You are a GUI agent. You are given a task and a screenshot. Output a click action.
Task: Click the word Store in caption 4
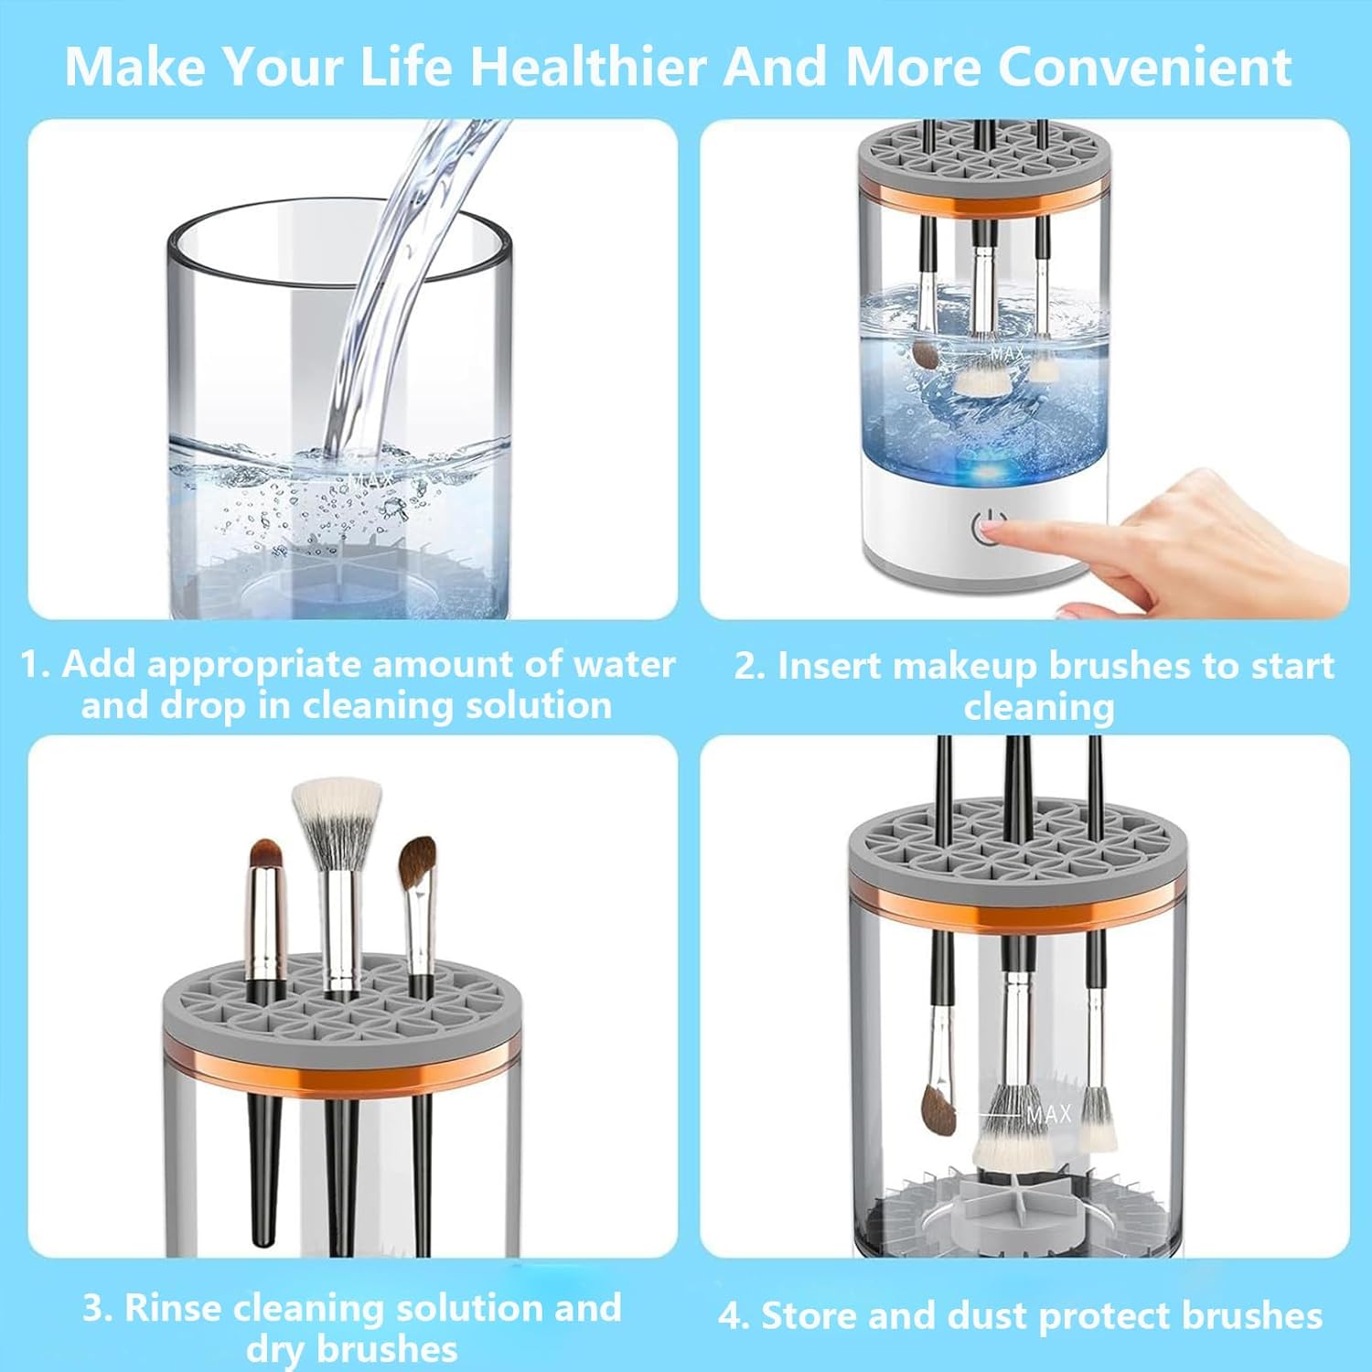(809, 1315)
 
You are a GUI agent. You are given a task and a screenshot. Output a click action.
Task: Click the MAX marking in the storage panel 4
(1048, 1114)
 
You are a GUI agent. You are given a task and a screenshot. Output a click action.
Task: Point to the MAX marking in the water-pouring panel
(373, 477)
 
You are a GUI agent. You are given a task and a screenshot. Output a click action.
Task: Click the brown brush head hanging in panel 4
(938, 1109)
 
